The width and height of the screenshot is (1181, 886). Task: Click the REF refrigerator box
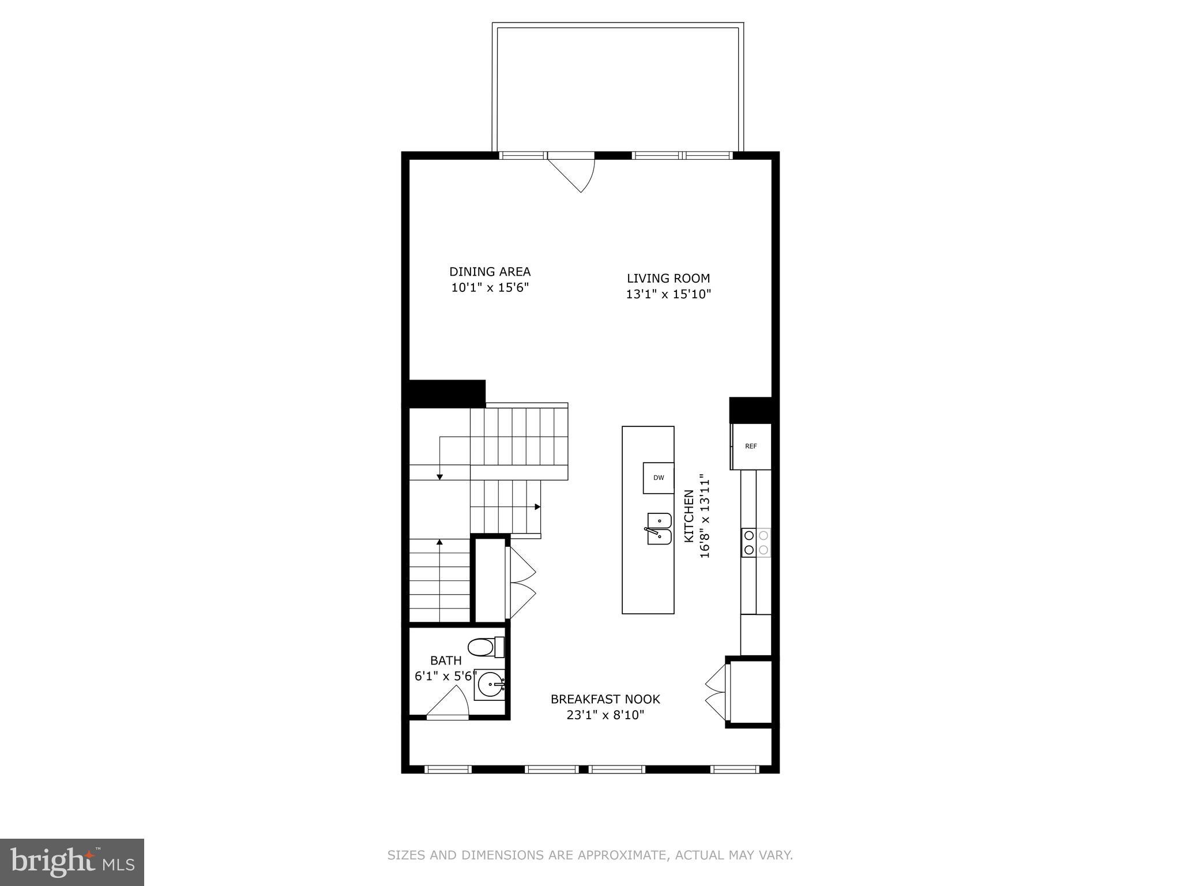click(x=751, y=446)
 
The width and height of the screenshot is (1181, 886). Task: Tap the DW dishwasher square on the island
click(x=659, y=478)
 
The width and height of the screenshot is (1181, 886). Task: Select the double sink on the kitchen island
click(x=659, y=528)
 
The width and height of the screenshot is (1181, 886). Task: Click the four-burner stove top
click(x=756, y=542)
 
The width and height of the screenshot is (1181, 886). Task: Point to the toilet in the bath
click(x=486, y=647)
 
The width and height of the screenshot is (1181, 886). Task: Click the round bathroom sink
click(x=490, y=685)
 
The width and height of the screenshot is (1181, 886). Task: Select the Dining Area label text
click(x=490, y=272)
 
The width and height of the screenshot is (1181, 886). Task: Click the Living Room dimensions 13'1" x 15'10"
click(x=668, y=294)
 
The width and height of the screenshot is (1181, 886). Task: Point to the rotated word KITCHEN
click(x=689, y=516)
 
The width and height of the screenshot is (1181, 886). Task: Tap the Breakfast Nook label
click(x=605, y=699)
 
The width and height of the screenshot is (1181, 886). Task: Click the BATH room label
click(x=446, y=660)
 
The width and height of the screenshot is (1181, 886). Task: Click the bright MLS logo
click(x=72, y=862)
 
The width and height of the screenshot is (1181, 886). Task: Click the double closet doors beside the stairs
click(x=521, y=583)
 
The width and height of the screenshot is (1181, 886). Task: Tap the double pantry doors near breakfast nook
click(x=716, y=692)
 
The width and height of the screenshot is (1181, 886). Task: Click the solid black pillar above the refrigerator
click(x=750, y=410)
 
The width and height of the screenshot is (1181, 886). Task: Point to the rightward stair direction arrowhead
click(x=537, y=506)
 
